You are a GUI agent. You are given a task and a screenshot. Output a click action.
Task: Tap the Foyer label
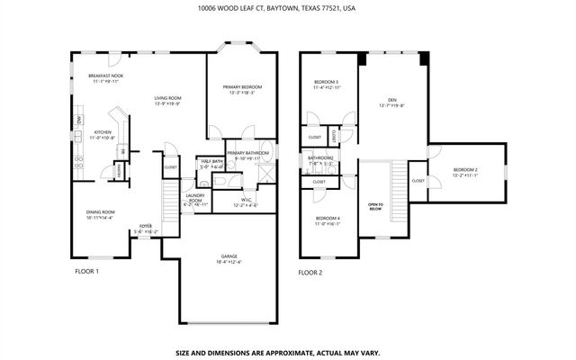pyautogui.click(x=145, y=229)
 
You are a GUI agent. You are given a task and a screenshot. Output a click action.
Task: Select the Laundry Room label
pyautogui.click(x=195, y=200)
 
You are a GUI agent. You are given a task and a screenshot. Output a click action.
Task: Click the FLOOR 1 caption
pyautogui.click(x=85, y=271)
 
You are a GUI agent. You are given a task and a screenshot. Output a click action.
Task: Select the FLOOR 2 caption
pyautogui.click(x=310, y=271)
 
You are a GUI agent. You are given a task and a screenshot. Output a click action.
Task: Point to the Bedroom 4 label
pyautogui.click(x=328, y=220)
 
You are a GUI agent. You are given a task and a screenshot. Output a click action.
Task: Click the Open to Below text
pyautogui.click(x=375, y=206)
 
